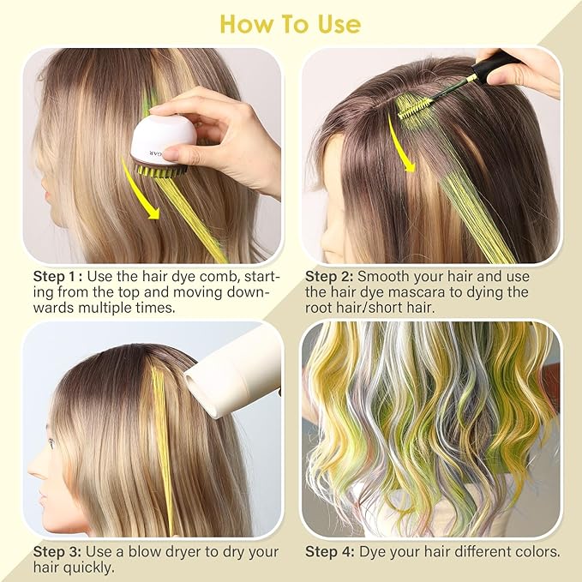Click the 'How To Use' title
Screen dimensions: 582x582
(x=291, y=24)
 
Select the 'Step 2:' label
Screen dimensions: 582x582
(x=329, y=277)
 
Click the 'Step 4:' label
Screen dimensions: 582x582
(x=329, y=551)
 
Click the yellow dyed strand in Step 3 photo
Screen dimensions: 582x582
(x=161, y=446)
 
